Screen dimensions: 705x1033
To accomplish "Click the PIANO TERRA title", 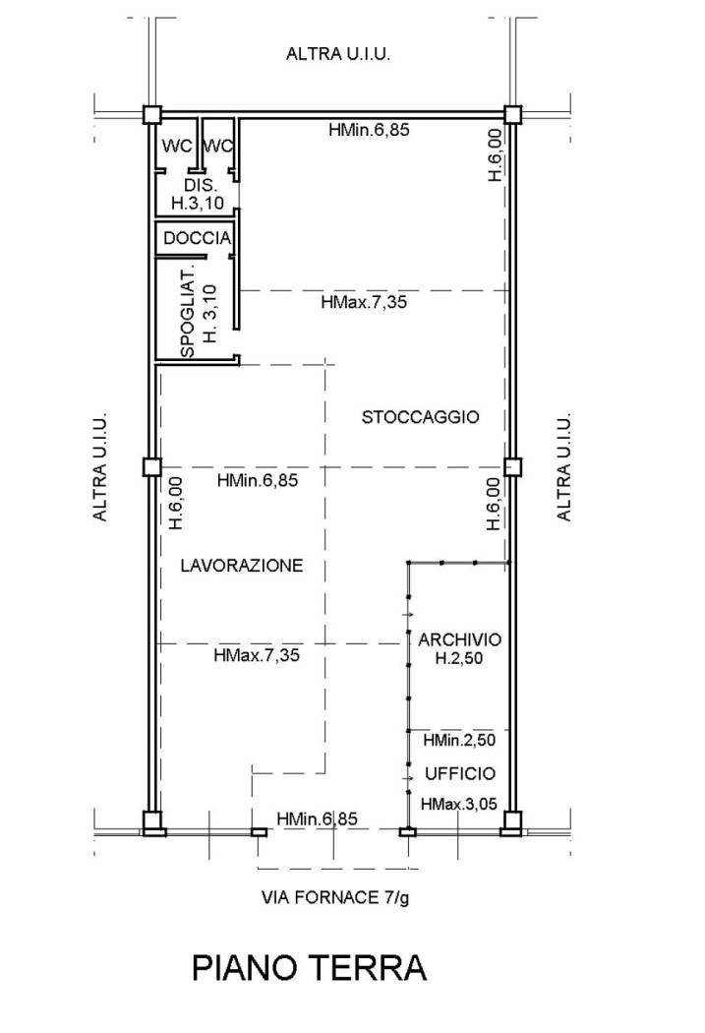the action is (x=309, y=968).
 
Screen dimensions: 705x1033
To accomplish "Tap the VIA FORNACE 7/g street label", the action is (x=335, y=897).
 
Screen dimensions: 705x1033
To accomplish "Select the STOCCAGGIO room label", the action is (x=421, y=417).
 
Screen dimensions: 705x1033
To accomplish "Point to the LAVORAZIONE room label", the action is (x=242, y=566).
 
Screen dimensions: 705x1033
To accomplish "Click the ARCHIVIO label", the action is (x=459, y=639).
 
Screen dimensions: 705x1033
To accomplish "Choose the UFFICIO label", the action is (x=460, y=773).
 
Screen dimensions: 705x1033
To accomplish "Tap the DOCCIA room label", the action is (x=198, y=238).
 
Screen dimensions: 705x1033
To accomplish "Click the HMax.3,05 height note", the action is (x=459, y=804).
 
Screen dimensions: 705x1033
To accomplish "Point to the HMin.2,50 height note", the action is (x=459, y=741).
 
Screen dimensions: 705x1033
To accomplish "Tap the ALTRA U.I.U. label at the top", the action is (x=337, y=54).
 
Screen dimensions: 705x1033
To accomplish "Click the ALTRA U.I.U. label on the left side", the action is (x=100, y=467).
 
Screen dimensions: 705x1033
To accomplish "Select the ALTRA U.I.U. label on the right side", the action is (x=564, y=467).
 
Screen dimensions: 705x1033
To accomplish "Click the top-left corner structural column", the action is (x=152, y=115).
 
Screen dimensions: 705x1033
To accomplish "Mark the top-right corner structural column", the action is (x=513, y=115).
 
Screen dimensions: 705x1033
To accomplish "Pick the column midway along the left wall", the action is (x=152, y=467).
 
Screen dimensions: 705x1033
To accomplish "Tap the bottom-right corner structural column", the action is (x=511, y=822).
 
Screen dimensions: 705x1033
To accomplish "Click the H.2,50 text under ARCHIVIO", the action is (x=459, y=657).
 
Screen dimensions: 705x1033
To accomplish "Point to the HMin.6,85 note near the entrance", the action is (x=318, y=819).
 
